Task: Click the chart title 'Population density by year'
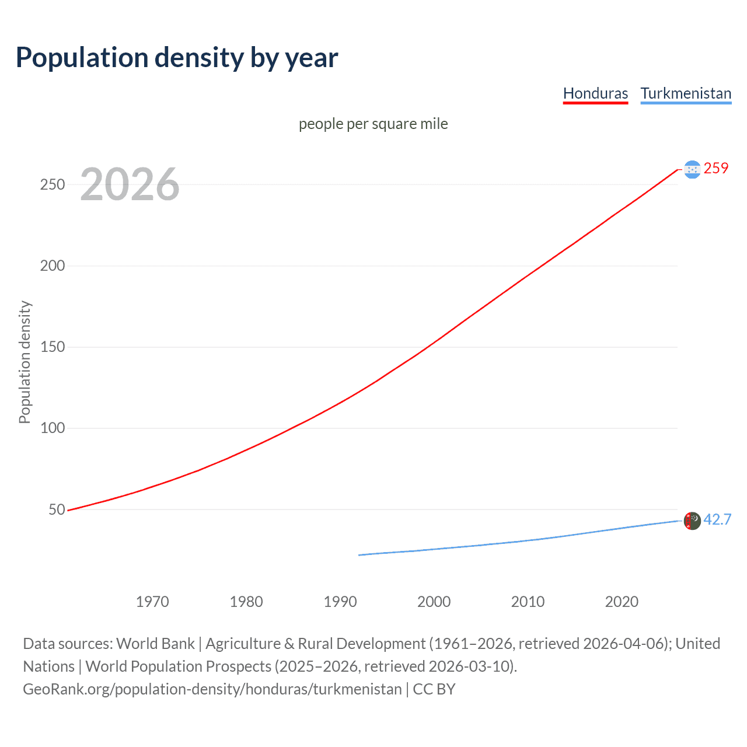pyautogui.click(x=177, y=58)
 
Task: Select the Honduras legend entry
pyautogui.click(x=595, y=93)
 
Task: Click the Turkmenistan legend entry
pyautogui.click(x=686, y=93)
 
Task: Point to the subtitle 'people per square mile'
pyautogui.click(x=373, y=124)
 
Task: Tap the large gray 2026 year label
pyautogui.click(x=130, y=184)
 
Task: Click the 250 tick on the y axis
pyautogui.click(x=53, y=184)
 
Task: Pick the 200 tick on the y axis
pyautogui.click(x=53, y=266)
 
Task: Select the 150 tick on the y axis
pyautogui.click(x=53, y=347)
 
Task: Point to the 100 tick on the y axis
pyautogui.click(x=53, y=428)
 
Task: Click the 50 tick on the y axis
pyautogui.click(x=57, y=509)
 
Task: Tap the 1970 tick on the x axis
pyautogui.click(x=152, y=602)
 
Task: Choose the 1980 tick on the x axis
pyautogui.click(x=246, y=602)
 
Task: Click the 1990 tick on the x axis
pyautogui.click(x=340, y=602)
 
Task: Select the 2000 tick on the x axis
pyautogui.click(x=434, y=602)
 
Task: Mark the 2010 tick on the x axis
pyautogui.click(x=528, y=602)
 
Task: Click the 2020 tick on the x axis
pyautogui.click(x=622, y=602)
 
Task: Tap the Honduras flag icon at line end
pyautogui.click(x=692, y=169)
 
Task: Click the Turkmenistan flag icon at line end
pyautogui.click(x=692, y=521)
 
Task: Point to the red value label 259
pyautogui.click(x=716, y=169)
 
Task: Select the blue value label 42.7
pyautogui.click(x=717, y=519)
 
